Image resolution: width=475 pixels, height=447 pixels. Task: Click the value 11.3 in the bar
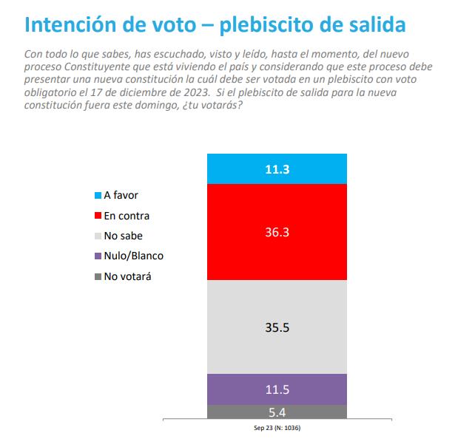(277, 169)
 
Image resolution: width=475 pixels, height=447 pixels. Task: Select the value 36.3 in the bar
(277, 231)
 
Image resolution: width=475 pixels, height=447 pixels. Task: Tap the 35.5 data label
(277, 327)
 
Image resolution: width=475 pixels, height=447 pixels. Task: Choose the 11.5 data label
(277, 389)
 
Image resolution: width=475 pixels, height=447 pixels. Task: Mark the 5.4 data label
(277, 412)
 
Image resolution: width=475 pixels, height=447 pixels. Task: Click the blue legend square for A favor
(98, 196)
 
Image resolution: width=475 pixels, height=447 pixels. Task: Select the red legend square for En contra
(98, 216)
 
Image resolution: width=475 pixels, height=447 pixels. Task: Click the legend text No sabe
(123, 236)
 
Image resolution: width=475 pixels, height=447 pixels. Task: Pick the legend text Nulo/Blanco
(133, 256)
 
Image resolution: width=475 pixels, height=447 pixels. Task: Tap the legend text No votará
(130, 277)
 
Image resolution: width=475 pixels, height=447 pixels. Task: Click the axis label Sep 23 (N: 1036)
(277, 428)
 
